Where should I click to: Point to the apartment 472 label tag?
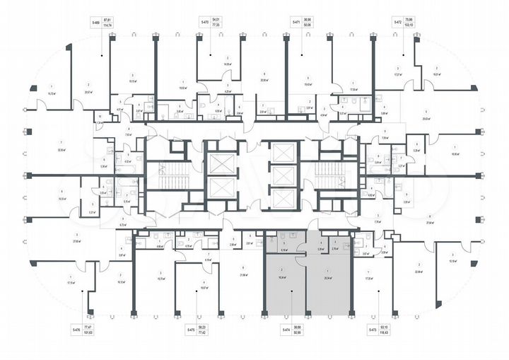(x=399, y=23)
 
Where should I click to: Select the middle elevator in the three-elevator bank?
(x=282, y=176)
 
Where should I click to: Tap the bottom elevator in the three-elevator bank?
(x=282, y=199)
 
